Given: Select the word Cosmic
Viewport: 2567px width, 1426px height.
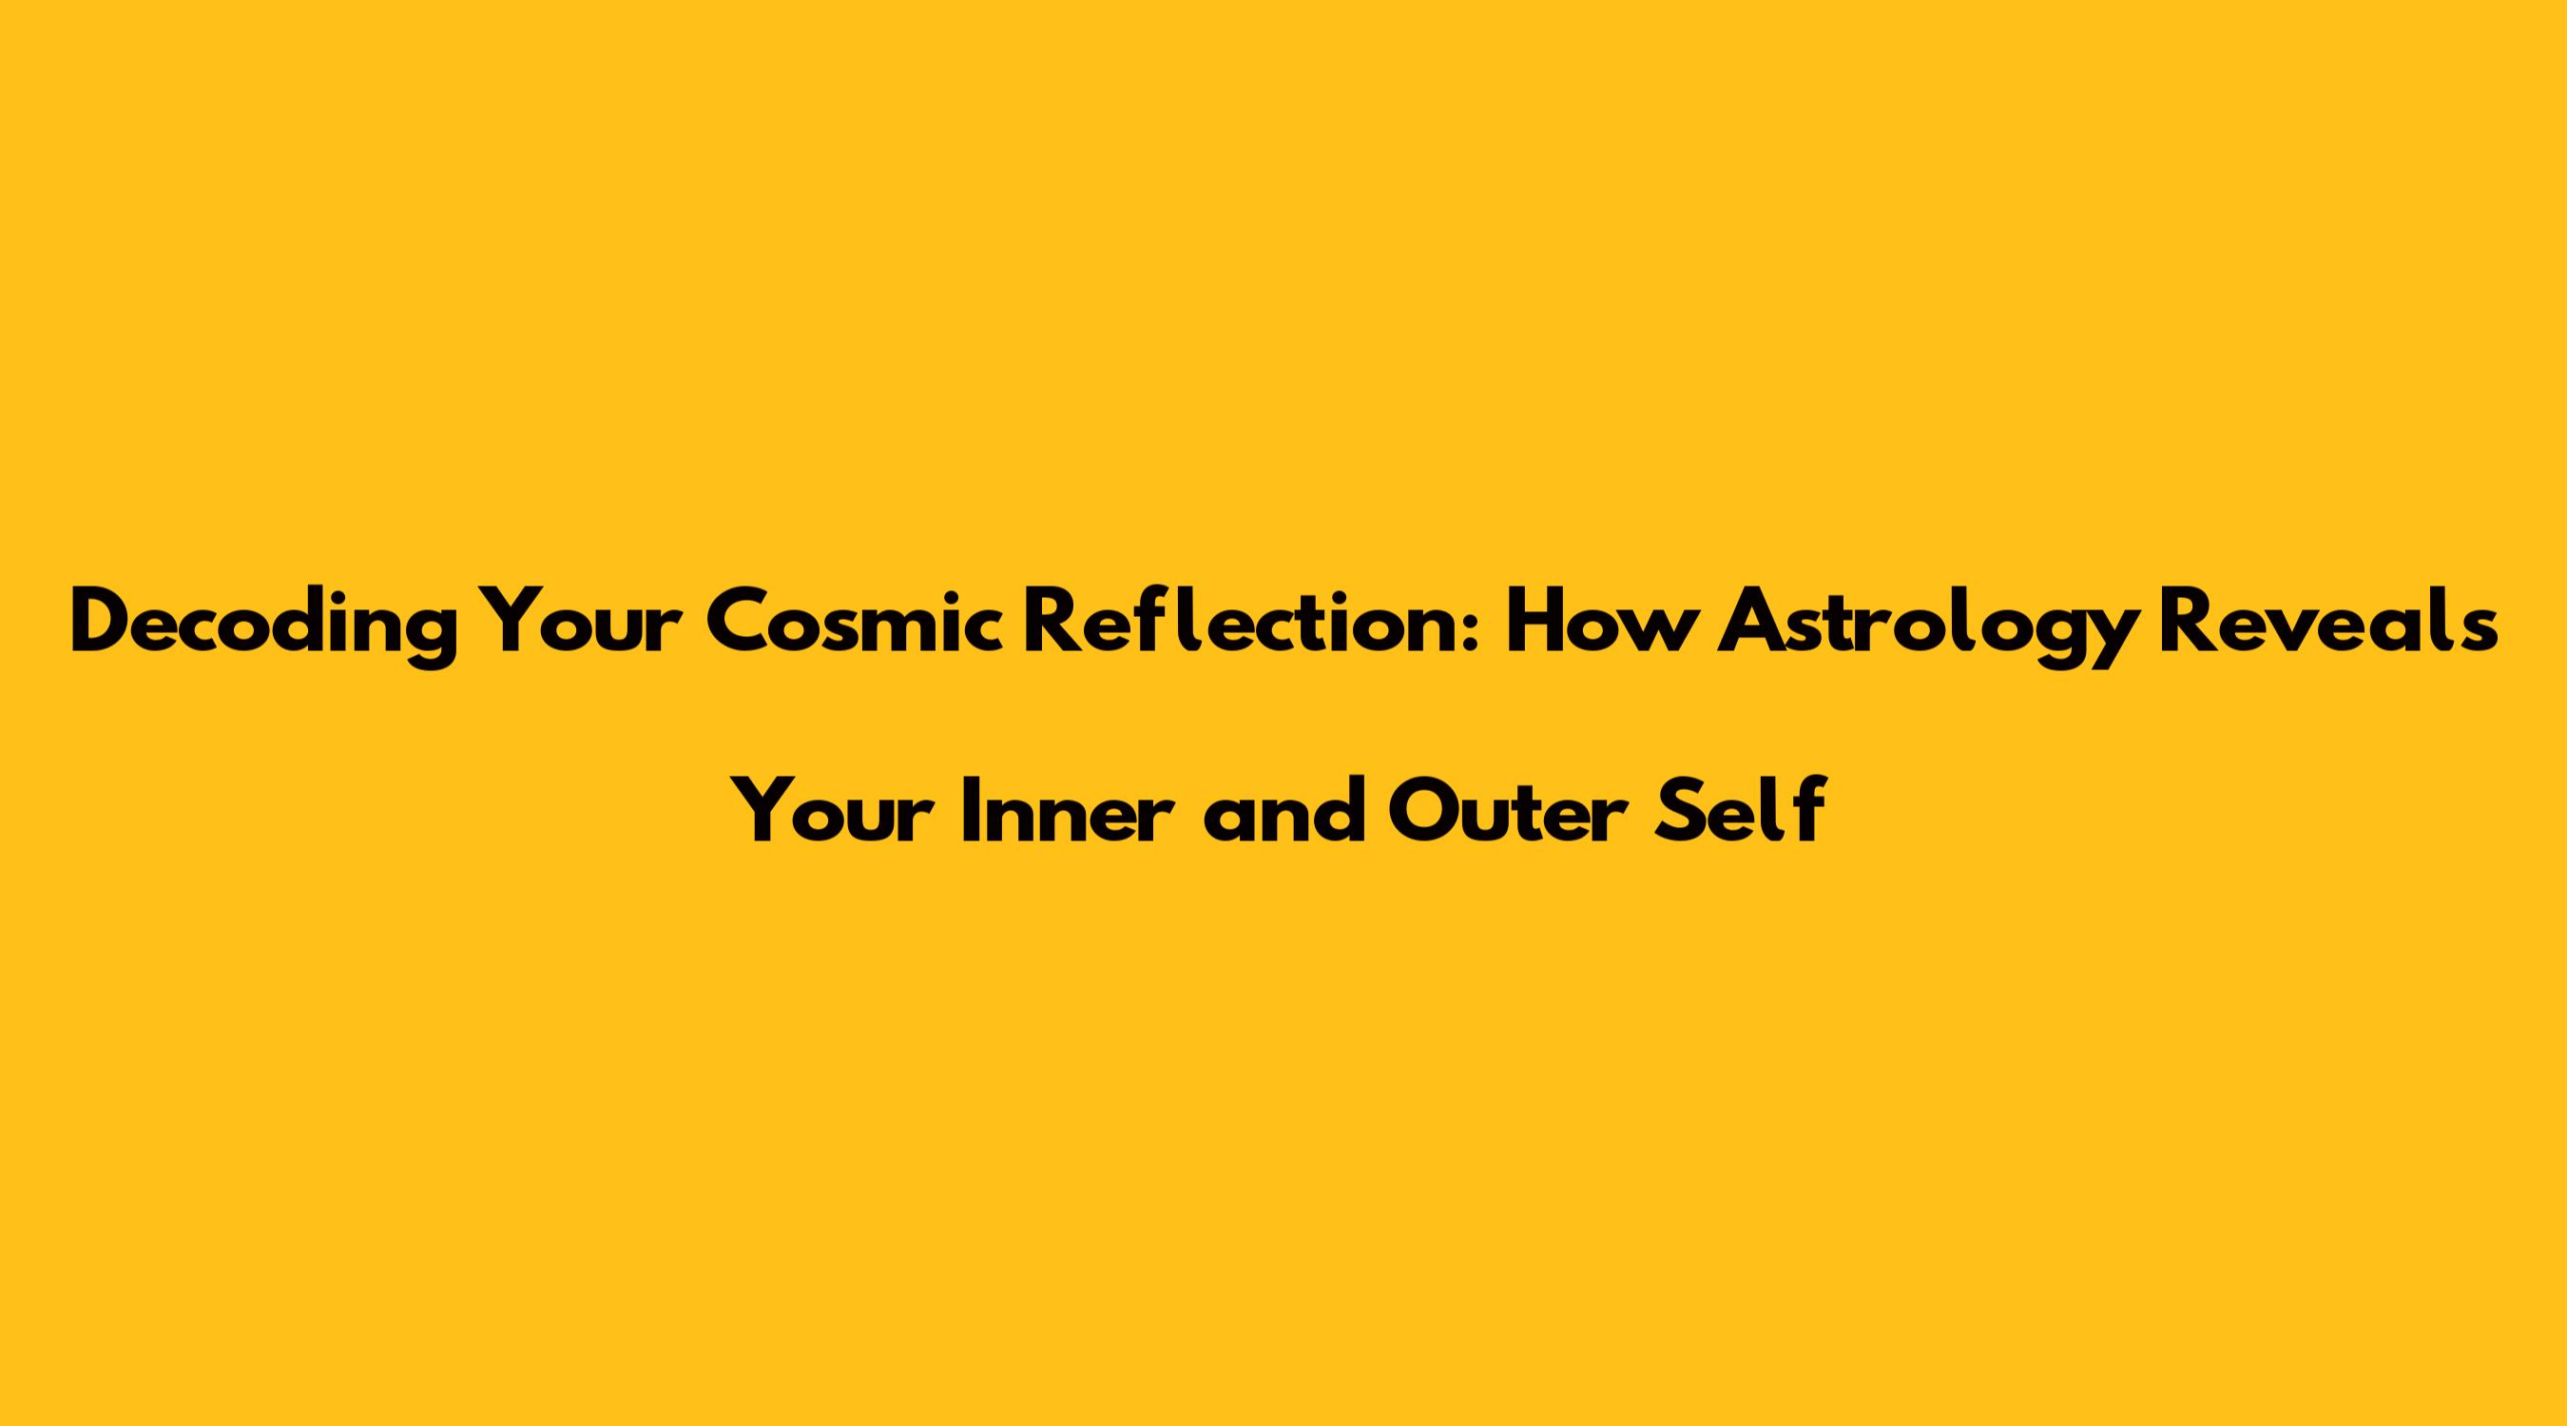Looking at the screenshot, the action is point(855,622).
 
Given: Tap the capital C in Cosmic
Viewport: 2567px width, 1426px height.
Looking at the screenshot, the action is point(737,624).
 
